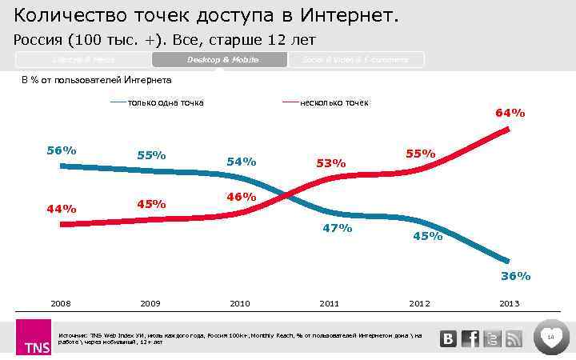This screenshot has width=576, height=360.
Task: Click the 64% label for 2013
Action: pyautogui.click(x=510, y=114)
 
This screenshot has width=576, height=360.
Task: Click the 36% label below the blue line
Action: pyautogui.click(x=515, y=276)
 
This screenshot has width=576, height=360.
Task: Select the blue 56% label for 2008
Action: pyautogui.click(x=62, y=150)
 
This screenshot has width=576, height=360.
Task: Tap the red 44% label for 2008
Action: pyautogui.click(x=62, y=209)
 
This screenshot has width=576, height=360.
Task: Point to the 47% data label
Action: pyautogui.click(x=337, y=228)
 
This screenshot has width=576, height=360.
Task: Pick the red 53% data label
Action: pyautogui.click(x=330, y=163)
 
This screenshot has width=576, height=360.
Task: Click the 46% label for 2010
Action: pyautogui.click(x=241, y=197)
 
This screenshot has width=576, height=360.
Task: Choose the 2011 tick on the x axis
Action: pyautogui.click(x=329, y=304)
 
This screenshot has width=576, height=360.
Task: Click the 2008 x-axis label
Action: pyautogui.click(x=61, y=304)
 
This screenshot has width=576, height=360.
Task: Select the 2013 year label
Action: pyautogui.click(x=509, y=304)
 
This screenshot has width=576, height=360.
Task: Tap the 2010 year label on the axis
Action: pyautogui.click(x=240, y=304)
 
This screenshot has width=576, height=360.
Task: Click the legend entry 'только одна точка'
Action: pyautogui.click(x=165, y=102)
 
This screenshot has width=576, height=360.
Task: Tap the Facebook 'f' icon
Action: pyautogui.click(x=471, y=339)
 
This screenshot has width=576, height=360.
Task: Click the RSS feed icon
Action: pyautogui.click(x=514, y=339)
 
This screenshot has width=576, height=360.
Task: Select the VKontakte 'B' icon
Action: pyautogui.click(x=450, y=339)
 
